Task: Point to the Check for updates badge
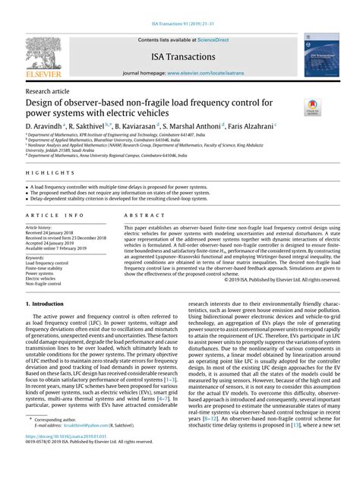[311, 109]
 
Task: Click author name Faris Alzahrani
[245, 124]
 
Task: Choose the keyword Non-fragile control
[46, 284]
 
